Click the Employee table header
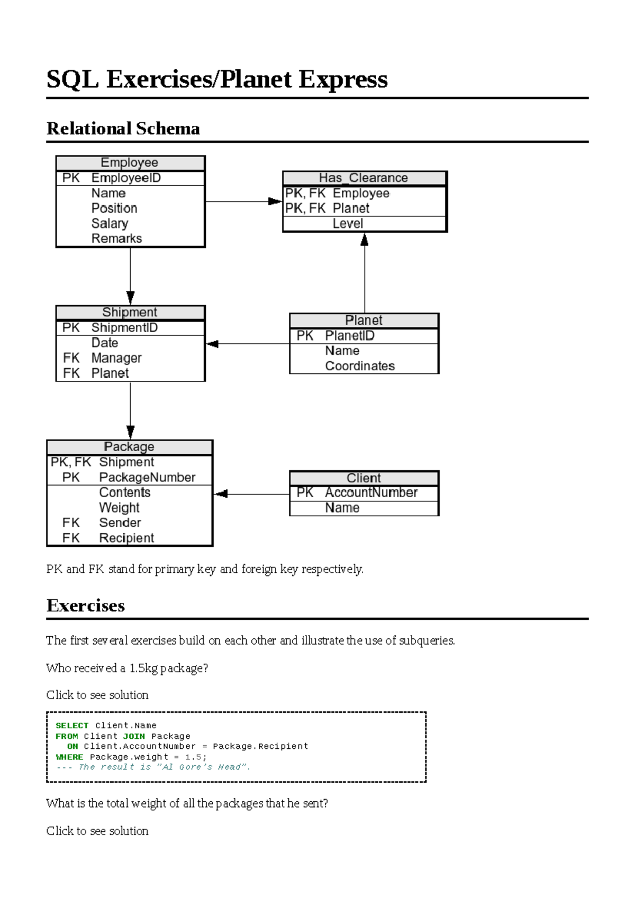tap(130, 163)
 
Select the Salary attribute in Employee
tap(110, 224)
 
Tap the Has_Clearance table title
tap(364, 178)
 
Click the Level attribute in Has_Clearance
tap(348, 224)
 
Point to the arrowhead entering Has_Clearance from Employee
tap(275, 201)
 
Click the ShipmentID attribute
tap(124, 328)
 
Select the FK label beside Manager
tap(71, 359)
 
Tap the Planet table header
tap(364, 320)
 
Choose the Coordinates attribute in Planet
tap(360, 366)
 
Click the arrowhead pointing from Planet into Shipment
tap(213, 344)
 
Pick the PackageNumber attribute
tap(147, 478)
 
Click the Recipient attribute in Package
tap(126, 538)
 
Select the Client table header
tap(364, 478)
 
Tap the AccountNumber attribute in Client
tap(371, 493)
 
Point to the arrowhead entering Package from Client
tap(221, 494)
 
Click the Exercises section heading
tap(86, 606)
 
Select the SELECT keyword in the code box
tap(72, 726)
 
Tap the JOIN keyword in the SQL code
tap(134, 736)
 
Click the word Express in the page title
tap(343, 79)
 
